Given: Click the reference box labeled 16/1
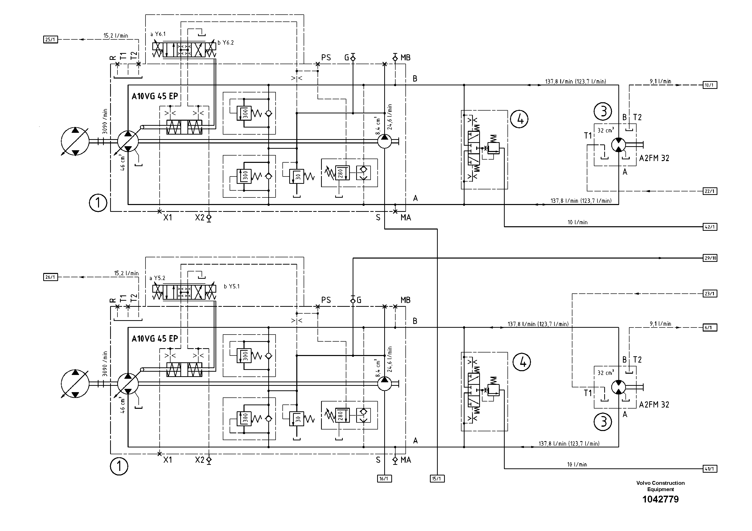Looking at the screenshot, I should point(384,479).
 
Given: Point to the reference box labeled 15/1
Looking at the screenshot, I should point(437,479).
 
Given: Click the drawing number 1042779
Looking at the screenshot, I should point(660,499).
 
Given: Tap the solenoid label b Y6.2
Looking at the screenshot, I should point(226,43).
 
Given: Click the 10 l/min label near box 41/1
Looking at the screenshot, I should point(577,465).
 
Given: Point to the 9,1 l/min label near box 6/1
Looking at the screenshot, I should point(660,324).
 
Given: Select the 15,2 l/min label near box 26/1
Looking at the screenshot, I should point(126,273).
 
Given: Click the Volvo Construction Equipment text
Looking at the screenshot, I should point(660,486).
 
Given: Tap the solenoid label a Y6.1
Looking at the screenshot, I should point(158,34).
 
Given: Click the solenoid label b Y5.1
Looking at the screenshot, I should point(232,286).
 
